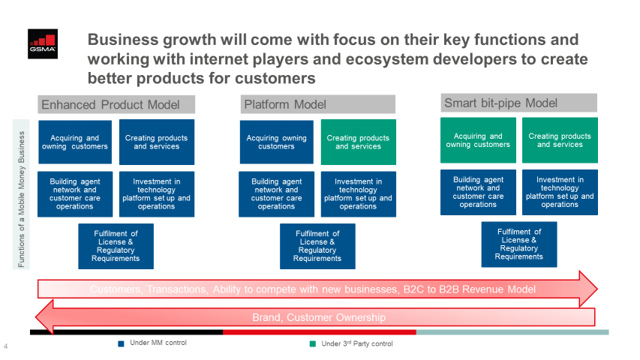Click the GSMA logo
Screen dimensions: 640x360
[43, 43]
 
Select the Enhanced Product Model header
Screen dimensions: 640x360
[116, 104]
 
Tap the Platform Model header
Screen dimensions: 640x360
[317, 104]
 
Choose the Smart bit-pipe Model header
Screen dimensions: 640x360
[518, 103]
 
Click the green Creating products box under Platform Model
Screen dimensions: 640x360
[359, 142]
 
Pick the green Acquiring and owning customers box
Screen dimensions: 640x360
[478, 140]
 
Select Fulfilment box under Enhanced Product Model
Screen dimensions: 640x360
[116, 246]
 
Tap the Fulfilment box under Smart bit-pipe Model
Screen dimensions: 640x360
[518, 244]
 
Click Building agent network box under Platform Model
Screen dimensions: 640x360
[276, 194]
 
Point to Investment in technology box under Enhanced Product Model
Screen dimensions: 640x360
[157, 194]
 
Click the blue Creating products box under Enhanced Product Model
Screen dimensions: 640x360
[157, 142]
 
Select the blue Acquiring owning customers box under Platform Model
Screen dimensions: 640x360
[276, 142]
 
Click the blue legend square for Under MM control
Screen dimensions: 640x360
[121, 343]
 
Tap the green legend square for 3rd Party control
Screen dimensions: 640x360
[313, 343]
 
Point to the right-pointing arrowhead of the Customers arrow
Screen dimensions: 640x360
[588, 289]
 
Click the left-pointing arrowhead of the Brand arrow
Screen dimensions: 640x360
[44, 317]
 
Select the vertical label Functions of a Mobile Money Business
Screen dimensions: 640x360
[21, 199]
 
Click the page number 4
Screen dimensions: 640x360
[6, 346]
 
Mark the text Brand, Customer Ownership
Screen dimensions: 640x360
[319, 317]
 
